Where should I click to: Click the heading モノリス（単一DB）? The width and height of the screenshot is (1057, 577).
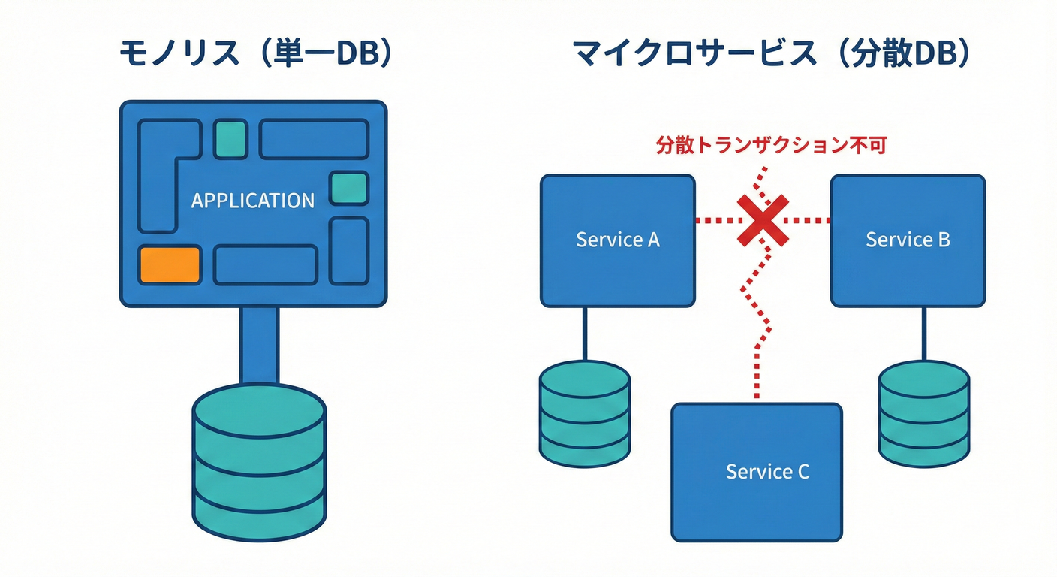tap(255, 56)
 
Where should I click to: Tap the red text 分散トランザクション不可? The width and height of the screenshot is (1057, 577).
tap(771, 145)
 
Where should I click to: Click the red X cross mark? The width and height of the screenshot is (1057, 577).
tap(763, 220)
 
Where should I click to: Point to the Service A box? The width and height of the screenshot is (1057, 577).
tap(617, 240)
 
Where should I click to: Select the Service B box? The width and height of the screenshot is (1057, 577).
tap(908, 240)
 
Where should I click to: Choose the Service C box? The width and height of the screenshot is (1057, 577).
tap(757, 472)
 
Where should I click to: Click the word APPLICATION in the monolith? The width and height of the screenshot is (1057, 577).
tap(253, 201)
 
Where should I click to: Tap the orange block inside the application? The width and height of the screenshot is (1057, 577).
tap(170, 264)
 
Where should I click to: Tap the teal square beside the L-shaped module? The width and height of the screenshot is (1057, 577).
tap(230, 139)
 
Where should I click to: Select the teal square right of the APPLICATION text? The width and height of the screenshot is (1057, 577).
tap(349, 188)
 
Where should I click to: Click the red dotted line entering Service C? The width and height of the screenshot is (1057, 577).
tap(757, 376)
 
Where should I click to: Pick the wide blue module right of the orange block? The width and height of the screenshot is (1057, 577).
tap(266, 265)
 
